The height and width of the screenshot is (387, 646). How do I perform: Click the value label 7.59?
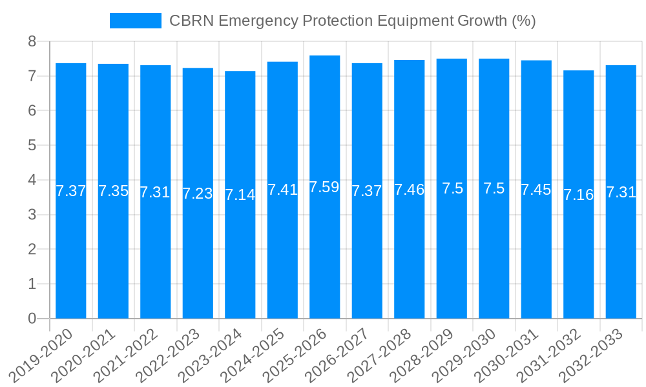(x=324, y=188)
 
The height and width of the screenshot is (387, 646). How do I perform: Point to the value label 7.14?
(x=240, y=195)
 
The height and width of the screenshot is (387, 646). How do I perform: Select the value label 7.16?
(x=578, y=195)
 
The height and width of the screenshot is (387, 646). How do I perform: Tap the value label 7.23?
(x=198, y=193)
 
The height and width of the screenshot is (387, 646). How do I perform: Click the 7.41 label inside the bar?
(x=282, y=190)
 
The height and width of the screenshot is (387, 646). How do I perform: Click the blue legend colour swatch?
(x=136, y=21)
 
